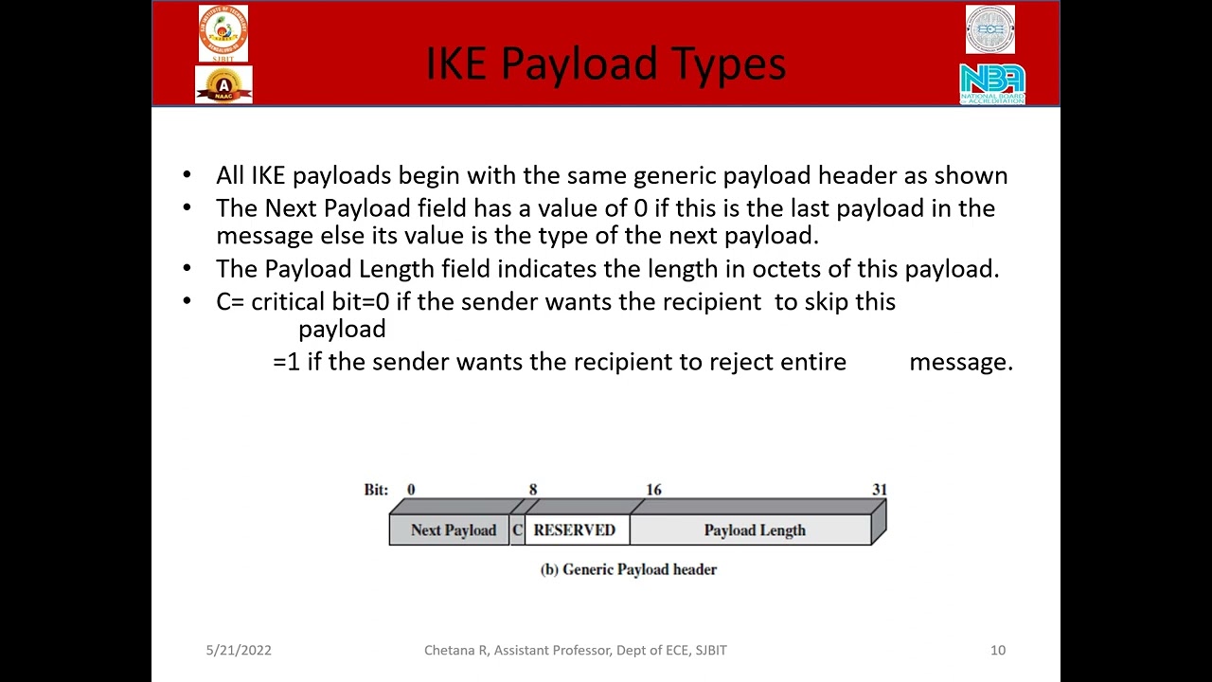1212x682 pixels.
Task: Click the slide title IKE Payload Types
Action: tap(606, 63)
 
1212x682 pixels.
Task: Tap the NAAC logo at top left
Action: tap(223, 85)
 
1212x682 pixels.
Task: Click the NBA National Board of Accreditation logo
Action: tap(991, 83)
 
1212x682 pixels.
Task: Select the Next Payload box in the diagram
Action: tap(453, 530)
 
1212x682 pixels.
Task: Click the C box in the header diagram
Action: tap(517, 530)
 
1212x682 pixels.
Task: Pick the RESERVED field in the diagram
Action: tap(575, 530)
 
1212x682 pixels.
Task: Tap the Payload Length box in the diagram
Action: tap(754, 530)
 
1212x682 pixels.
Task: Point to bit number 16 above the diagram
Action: tap(653, 490)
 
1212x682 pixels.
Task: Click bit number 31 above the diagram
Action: tap(880, 490)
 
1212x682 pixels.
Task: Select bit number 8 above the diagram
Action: tap(533, 490)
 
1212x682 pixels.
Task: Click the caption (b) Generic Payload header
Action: tap(629, 569)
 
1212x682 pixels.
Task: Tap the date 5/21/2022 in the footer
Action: tap(239, 650)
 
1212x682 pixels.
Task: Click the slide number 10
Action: tap(998, 650)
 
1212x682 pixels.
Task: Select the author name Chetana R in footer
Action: tap(455, 650)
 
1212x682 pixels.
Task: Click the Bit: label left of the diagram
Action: tap(376, 490)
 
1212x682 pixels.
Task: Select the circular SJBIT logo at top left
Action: tap(223, 31)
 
